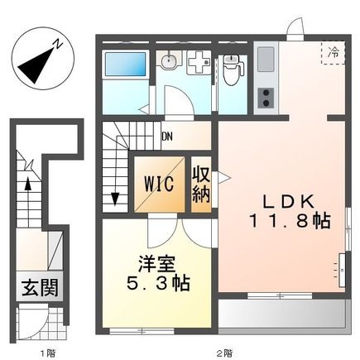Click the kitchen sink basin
click(266, 59)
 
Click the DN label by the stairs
click(168, 137)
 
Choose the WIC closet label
click(156, 182)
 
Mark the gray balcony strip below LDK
click(281, 313)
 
